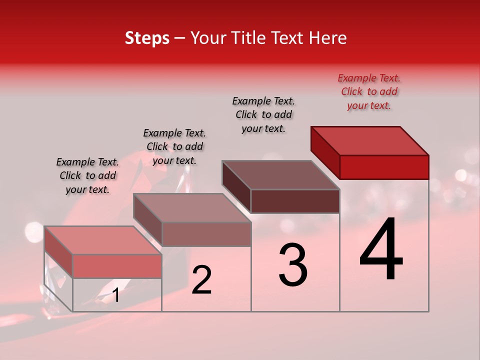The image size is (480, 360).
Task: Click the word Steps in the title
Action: point(147,38)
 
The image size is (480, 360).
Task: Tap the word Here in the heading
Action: point(328,38)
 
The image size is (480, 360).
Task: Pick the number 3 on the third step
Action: point(293,265)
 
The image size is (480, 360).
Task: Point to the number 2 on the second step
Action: point(201,280)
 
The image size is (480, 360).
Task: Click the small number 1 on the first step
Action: point(115,295)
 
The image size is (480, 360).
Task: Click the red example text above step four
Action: point(369,91)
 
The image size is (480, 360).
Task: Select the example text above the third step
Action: point(263,114)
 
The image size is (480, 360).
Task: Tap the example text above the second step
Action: point(174,146)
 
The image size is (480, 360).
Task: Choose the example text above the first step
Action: point(87,175)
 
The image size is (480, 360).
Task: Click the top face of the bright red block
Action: point(370,140)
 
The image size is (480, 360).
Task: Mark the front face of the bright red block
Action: point(384,167)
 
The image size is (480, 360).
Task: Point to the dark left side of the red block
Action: point(325,152)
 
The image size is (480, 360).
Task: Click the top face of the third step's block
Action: point(280,175)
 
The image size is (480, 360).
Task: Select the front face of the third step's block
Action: point(295,201)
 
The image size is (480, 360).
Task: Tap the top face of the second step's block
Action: point(192,208)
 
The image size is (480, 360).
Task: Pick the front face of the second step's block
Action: point(206,234)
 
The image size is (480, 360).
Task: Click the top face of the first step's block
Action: point(103,240)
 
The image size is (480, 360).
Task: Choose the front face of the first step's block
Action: point(117,266)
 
